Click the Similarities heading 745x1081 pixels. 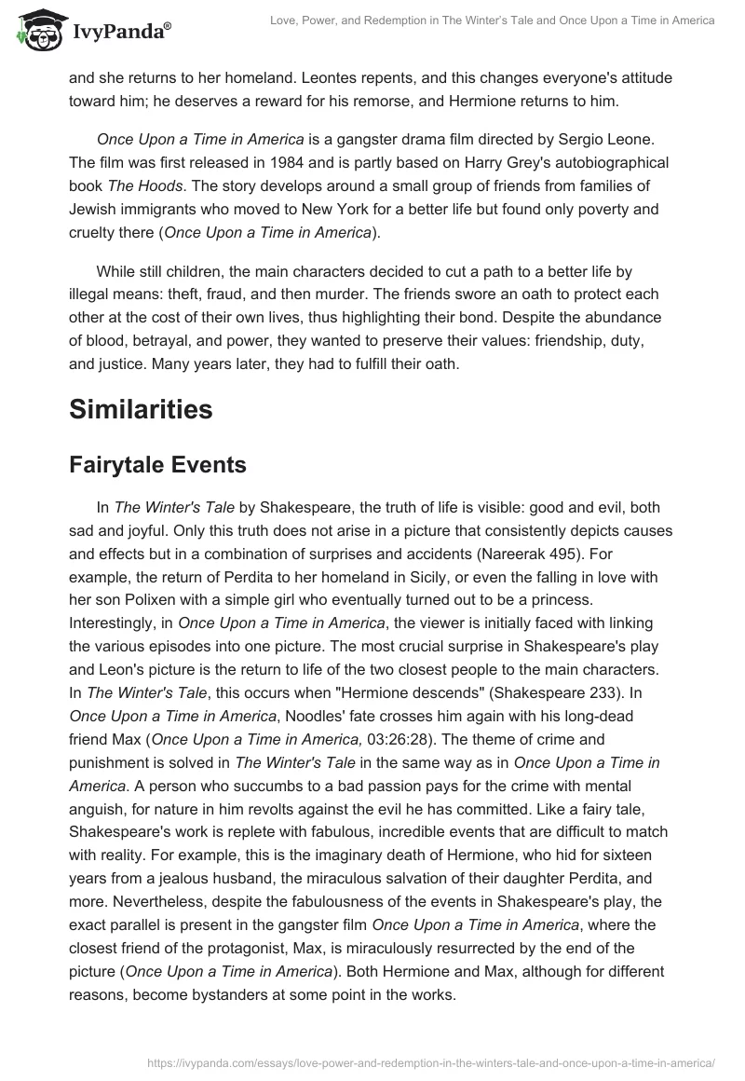[x=141, y=409]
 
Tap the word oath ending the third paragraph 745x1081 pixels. [x=438, y=364]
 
